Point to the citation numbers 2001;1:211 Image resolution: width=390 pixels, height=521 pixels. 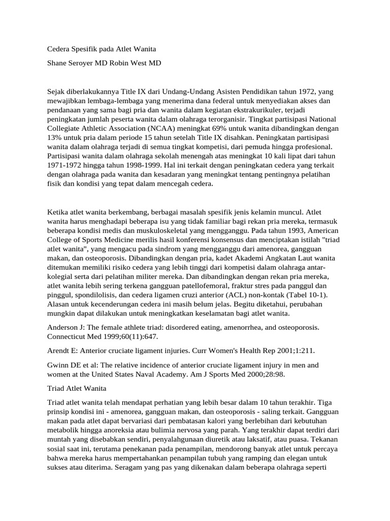(x=300, y=351)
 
